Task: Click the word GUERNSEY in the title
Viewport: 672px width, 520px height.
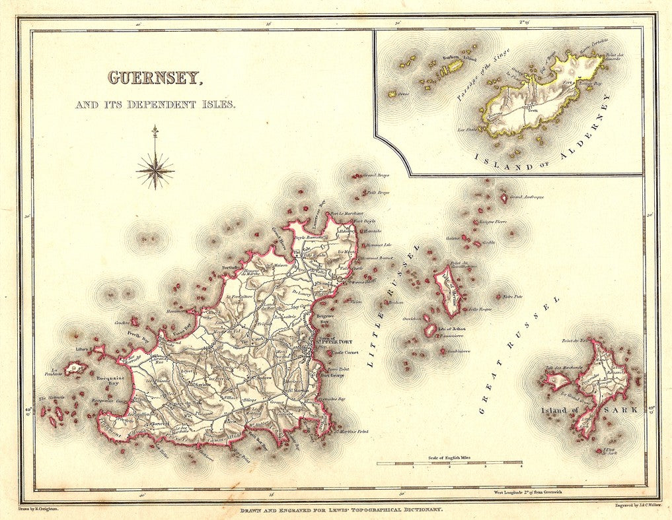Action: coord(155,78)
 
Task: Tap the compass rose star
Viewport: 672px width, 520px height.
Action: coord(155,170)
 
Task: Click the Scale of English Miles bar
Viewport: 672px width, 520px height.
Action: coord(449,463)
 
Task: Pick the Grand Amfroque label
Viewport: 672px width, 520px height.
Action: coord(526,197)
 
